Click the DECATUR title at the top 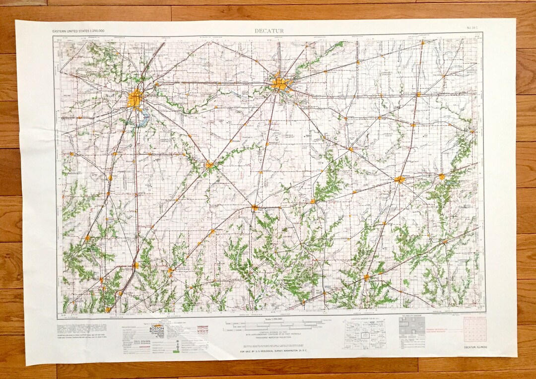269,31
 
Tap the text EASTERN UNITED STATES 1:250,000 78,31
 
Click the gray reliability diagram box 412,327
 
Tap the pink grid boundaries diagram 475,329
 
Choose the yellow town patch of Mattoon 400,180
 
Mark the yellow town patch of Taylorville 210,165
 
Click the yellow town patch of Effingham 366,277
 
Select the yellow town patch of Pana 255,208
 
